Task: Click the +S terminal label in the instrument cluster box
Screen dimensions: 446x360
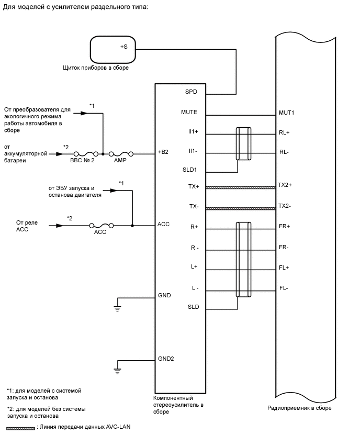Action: [123, 47]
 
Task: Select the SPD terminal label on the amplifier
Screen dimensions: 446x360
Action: [191, 91]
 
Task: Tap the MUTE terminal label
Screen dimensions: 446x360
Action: [189, 112]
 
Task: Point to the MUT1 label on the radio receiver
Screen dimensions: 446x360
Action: [287, 112]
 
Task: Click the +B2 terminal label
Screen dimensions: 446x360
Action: [163, 152]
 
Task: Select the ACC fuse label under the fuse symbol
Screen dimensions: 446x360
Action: [100, 232]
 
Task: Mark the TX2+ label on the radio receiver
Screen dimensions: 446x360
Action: [285, 185]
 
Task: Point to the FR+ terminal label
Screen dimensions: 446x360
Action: [285, 226]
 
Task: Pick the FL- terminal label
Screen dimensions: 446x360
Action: [284, 288]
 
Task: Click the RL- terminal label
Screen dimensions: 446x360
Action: [284, 153]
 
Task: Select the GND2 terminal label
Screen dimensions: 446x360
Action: [165, 359]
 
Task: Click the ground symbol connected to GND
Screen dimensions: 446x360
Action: [117, 308]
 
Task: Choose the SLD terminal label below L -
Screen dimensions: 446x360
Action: [193, 307]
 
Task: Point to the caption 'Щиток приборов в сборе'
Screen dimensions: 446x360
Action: [95, 68]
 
